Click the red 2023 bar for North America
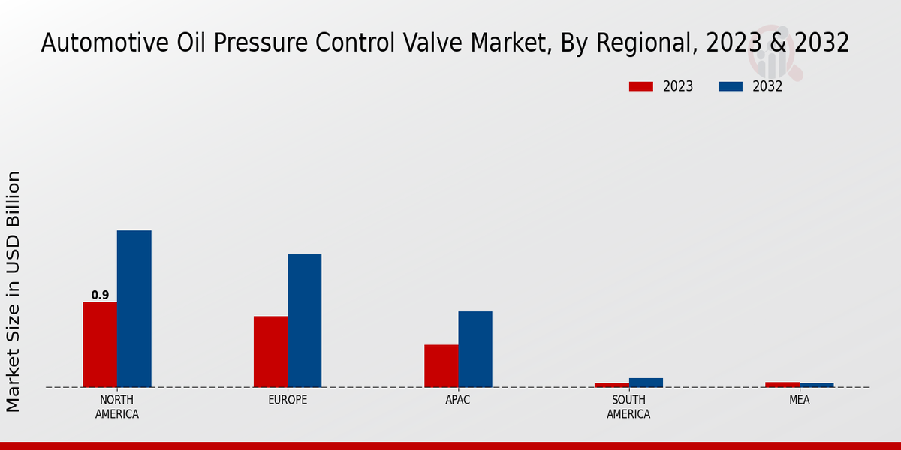[100, 344]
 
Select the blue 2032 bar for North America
[134, 308]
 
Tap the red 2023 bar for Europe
[270, 351]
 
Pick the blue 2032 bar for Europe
[304, 320]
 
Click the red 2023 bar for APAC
[441, 365]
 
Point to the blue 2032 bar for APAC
[475, 349]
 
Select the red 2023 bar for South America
[611, 385]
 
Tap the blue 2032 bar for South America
[646, 382]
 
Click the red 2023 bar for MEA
[782, 384]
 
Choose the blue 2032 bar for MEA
[816, 385]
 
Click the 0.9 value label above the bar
[100, 295]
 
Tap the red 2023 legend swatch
[640, 86]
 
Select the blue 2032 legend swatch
[730, 86]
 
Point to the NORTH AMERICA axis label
[117, 406]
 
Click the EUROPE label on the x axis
[288, 400]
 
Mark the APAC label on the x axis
[458, 400]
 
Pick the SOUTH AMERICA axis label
[628, 406]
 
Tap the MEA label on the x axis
[799, 400]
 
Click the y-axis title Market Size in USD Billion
[14, 291]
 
